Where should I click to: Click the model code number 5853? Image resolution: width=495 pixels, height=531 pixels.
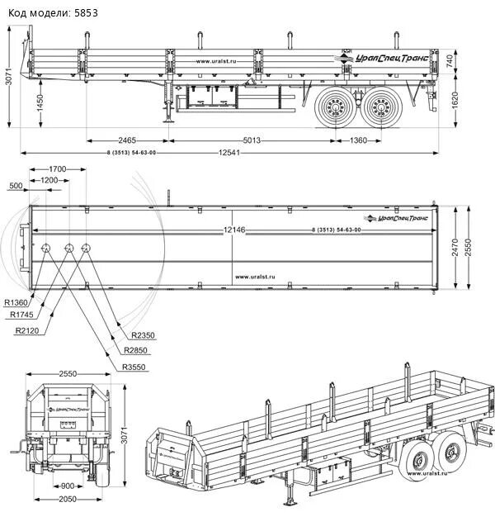[x=83, y=13]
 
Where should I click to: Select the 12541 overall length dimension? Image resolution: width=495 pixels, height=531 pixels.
[x=231, y=153]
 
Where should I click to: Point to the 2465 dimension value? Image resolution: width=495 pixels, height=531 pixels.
[x=126, y=140]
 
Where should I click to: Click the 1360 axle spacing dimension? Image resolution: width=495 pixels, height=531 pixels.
[x=358, y=140]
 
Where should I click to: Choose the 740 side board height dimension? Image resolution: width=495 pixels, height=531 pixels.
[x=450, y=60]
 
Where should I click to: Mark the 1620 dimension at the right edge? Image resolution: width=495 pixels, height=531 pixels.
[x=455, y=97]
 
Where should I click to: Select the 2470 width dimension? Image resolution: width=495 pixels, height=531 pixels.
[x=455, y=248]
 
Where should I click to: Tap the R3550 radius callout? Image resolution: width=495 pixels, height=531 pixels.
[x=134, y=367]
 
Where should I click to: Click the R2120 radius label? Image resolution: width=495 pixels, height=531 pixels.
[x=27, y=330]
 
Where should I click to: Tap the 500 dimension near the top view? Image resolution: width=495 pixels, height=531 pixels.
[x=16, y=186]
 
